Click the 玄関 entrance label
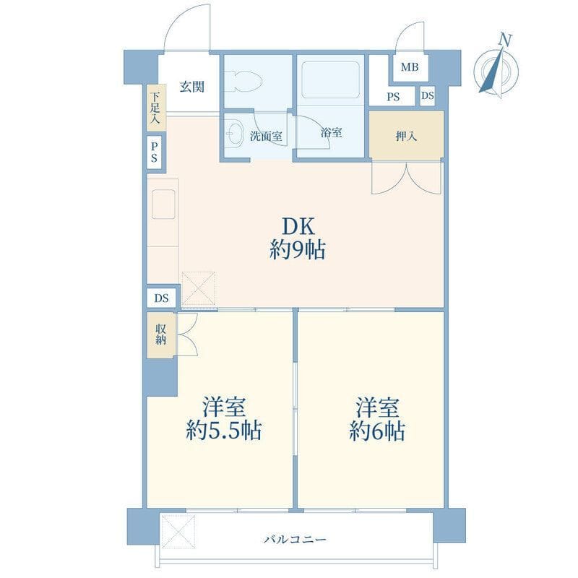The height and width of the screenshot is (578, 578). [x=191, y=87]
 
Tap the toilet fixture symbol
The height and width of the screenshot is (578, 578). [x=244, y=81]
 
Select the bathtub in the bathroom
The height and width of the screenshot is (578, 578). [x=330, y=80]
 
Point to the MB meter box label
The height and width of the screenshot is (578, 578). [x=410, y=67]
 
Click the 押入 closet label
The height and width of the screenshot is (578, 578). [x=406, y=137]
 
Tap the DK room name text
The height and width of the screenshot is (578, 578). [x=298, y=226]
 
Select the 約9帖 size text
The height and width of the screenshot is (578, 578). [x=298, y=250]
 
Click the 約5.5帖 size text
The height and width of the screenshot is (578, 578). [x=224, y=430]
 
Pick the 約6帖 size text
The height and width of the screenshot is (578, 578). [x=377, y=430]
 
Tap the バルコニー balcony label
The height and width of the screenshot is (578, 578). [x=295, y=540]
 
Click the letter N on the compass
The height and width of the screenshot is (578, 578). [x=506, y=40]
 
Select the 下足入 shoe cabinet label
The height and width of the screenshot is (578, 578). [x=155, y=108]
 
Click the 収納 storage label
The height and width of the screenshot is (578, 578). [x=160, y=335]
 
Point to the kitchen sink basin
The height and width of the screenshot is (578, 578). [x=163, y=204]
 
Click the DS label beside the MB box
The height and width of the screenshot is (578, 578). [x=427, y=95]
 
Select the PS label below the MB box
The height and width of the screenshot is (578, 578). [x=393, y=97]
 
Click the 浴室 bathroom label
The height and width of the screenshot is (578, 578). [x=331, y=133]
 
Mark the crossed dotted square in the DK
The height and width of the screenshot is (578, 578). [x=199, y=289]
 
